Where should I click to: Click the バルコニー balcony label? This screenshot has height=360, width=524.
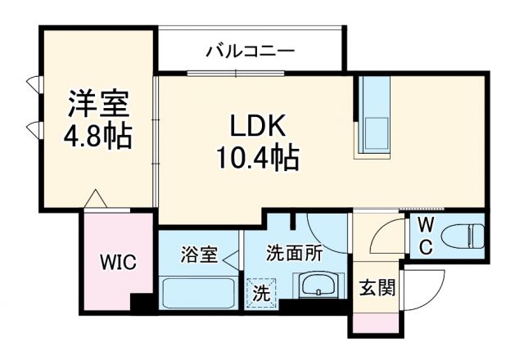pos(250,52)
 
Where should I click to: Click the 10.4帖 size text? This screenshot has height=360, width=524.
pos(257,155)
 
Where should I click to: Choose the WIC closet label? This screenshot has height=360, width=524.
pos(118,263)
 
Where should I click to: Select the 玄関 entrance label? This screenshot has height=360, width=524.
pos(377,288)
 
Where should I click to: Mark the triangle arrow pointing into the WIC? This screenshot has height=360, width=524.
pos(97,199)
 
